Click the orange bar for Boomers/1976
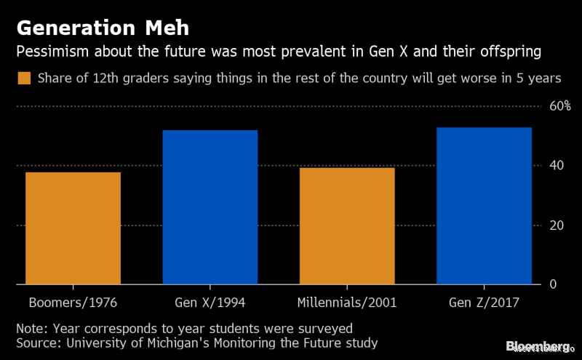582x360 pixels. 73,228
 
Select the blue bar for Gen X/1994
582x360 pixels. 210,207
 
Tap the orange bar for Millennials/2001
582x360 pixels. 347,225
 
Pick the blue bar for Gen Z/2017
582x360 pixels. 484,205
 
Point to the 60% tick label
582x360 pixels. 560,106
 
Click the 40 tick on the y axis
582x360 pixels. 557,166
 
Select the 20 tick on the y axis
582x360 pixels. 557,225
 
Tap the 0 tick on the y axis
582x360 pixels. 553,284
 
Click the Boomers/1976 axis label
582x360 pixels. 73,302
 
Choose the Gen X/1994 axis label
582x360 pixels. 210,302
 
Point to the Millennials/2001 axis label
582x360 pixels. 347,302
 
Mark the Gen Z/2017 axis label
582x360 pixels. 484,302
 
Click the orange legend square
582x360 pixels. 24,78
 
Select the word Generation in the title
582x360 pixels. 73,28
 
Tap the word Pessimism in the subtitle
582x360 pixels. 49,53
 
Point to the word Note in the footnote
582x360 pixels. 31,328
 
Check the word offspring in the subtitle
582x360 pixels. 513,53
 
